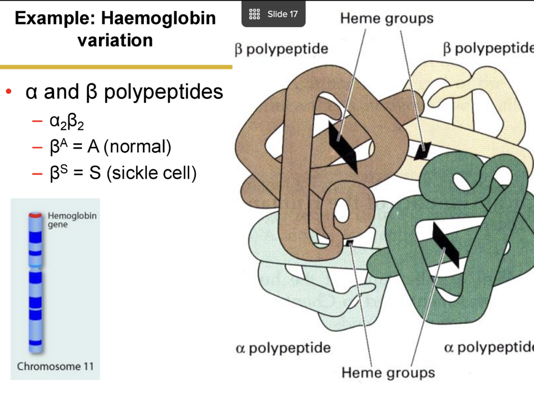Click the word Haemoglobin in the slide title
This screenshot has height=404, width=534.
[158, 18]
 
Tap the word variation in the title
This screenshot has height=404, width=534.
[115, 40]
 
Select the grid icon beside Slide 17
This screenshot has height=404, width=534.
[254, 14]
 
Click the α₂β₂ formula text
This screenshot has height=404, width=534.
[66, 121]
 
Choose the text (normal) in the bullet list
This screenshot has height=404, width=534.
[137, 147]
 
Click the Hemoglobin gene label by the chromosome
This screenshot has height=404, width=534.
[72, 220]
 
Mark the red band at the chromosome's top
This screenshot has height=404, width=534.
[35, 215]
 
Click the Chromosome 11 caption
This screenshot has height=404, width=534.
[55, 366]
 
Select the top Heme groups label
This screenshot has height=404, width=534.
[387, 18]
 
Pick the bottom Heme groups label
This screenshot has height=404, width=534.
[388, 372]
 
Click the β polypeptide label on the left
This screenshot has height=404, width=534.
[281, 49]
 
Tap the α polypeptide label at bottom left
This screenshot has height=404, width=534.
[283, 348]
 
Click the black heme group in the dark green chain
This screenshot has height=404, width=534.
[446, 245]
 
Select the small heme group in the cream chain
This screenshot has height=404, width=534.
[422, 151]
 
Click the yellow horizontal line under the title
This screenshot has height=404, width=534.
[116, 67]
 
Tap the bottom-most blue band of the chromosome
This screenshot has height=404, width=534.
[36, 343]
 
